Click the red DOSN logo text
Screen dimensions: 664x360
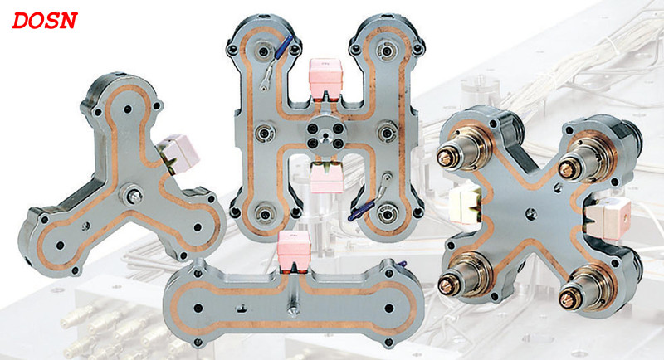(x=45, y=21)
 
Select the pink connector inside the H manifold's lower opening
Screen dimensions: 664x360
(x=325, y=178)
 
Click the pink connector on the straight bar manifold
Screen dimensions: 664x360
(x=294, y=251)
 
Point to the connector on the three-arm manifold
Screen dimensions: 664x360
(x=177, y=153)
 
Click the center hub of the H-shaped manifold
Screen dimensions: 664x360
(x=325, y=135)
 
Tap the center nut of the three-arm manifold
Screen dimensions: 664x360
(x=132, y=195)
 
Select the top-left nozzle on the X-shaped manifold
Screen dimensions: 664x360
(x=460, y=153)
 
